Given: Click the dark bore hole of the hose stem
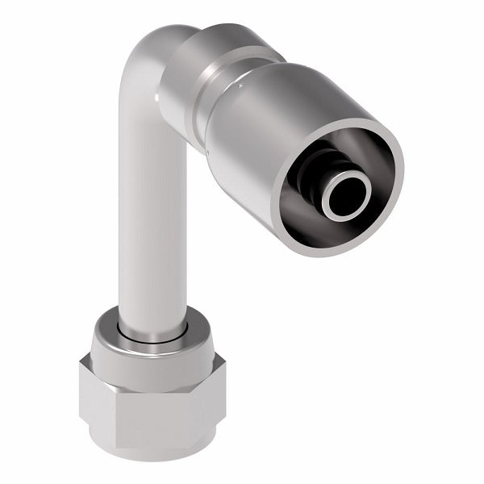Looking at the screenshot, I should pyautogui.click(x=344, y=196).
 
